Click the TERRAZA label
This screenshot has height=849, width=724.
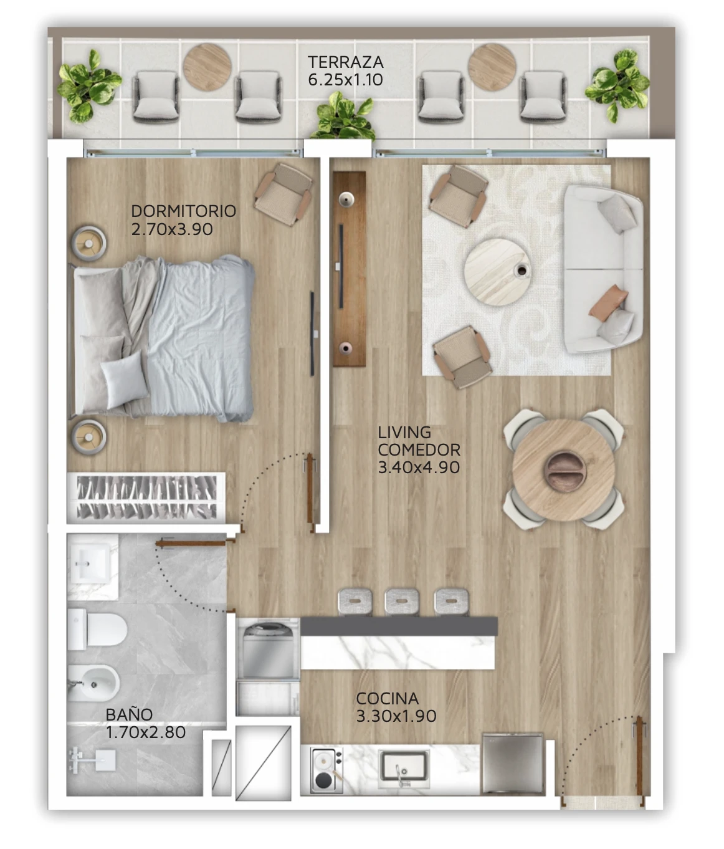(345, 62)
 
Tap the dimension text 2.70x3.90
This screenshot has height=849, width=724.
(172, 229)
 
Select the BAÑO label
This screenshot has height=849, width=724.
(129, 715)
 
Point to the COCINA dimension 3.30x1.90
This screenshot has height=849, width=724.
(396, 716)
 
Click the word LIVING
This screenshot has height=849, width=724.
(404, 433)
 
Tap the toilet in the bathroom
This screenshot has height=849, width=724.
(97, 629)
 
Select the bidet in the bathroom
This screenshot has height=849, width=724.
(93, 683)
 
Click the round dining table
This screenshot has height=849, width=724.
(563, 470)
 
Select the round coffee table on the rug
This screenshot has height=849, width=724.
(498, 272)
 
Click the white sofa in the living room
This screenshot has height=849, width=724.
(603, 269)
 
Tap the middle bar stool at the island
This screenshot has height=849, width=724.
(402, 603)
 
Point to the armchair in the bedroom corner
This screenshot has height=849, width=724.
(283, 194)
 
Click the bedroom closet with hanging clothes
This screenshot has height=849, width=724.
(146, 497)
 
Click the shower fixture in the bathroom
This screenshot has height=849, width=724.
(92, 760)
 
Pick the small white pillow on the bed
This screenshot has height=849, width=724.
(125, 380)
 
